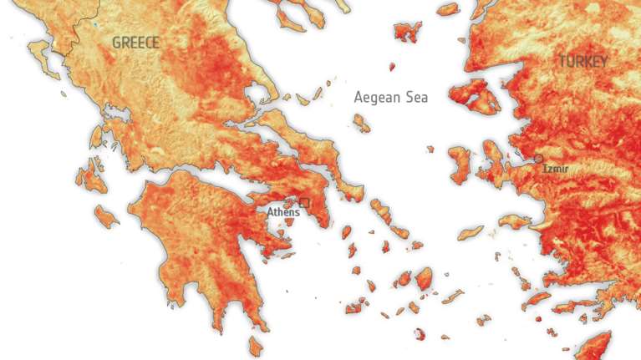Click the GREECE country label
pyautogui.click(x=135, y=42)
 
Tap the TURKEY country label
pyautogui.click(x=583, y=61)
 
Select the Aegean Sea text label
pyautogui.click(x=390, y=97)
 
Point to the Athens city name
pyautogui.click(x=282, y=212)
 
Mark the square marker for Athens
pyautogui.click(x=305, y=202)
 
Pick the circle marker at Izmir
pyautogui.click(x=539, y=158)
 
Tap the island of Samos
pyautogui.click(x=515, y=222)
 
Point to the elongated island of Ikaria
pyautogui.click(x=471, y=231)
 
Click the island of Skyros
pyautogui.click(x=361, y=124)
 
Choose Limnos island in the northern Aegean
pyautogui.click(x=408, y=32)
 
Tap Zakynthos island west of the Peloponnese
pyautogui.click(x=106, y=215)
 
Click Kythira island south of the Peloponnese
pyautogui.click(x=256, y=345)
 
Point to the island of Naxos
pyautogui.click(x=424, y=278)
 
